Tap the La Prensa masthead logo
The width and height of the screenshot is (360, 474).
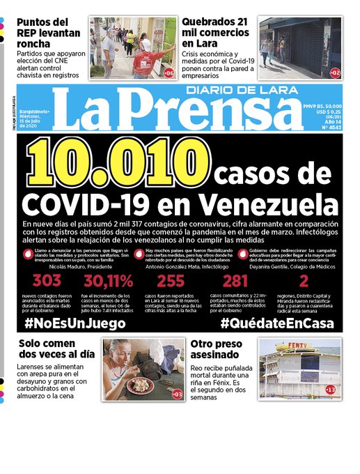click(x=178, y=112)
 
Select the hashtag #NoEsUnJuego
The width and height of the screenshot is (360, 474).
click(x=75, y=323)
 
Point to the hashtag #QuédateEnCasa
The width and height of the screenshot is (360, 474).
click(x=277, y=323)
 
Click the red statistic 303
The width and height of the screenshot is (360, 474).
click(x=47, y=282)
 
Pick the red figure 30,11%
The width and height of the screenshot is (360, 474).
click(x=108, y=282)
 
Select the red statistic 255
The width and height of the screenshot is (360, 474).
click(x=171, y=282)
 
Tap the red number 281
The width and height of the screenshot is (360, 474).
click(x=235, y=282)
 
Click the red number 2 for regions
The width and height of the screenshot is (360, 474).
click(x=304, y=282)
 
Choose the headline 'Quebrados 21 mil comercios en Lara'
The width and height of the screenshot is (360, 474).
click(x=217, y=32)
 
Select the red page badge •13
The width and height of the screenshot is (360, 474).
click(x=330, y=388)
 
